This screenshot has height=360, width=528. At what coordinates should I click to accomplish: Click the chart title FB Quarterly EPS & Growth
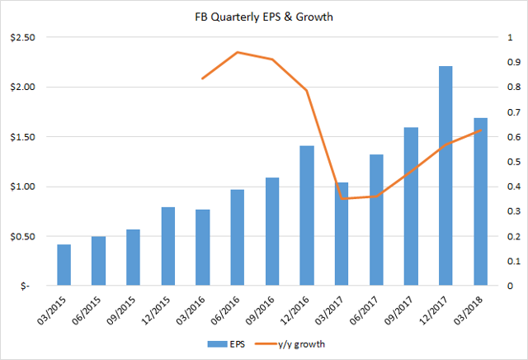pyautogui.click(x=263, y=17)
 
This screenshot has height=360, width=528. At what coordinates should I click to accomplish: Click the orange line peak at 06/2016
pyautogui.click(x=238, y=52)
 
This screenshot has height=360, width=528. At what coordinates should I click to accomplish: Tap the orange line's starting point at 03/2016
pyautogui.click(x=203, y=78)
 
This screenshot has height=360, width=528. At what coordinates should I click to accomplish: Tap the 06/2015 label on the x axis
pyautogui.click(x=95, y=311)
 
